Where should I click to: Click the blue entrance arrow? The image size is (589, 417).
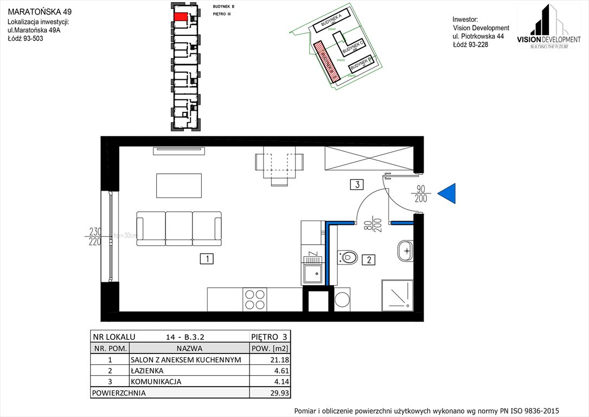448,194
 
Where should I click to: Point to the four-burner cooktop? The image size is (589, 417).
254,300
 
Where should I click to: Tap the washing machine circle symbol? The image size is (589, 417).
342,300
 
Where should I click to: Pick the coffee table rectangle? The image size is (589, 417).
179,185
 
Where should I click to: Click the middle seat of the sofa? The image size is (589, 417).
179,228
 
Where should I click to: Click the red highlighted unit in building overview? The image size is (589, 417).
181,16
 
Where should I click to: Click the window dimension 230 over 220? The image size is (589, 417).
95,236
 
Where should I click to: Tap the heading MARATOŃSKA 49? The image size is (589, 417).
36,11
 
